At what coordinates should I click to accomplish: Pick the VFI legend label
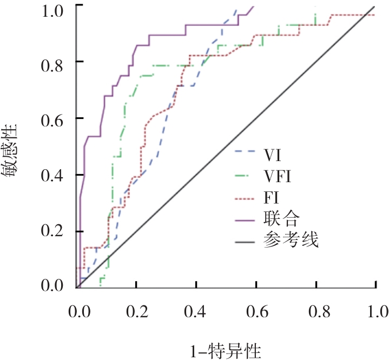(279, 176)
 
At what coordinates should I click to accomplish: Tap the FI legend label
(272, 196)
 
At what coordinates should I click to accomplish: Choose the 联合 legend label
(280, 217)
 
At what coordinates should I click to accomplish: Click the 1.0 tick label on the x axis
(375, 312)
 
